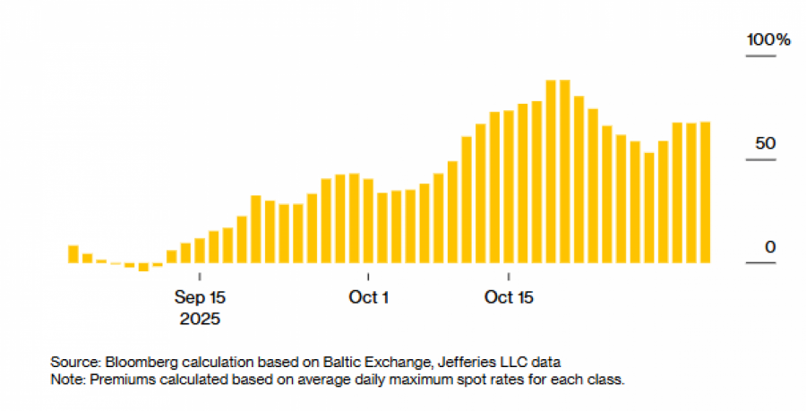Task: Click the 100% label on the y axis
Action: pyautogui.click(x=770, y=40)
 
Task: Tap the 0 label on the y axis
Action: pyautogui.click(x=770, y=247)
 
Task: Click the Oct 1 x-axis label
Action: pyautogui.click(x=368, y=297)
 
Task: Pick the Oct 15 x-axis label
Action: pyautogui.click(x=509, y=297)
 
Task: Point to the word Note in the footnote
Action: pyautogui.click(x=65, y=379)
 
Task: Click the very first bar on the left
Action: pyautogui.click(x=73, y=254)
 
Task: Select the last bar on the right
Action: pyautogui.click(x=705, y=193)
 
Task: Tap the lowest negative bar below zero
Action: pyautogui.click(x=143, y=267)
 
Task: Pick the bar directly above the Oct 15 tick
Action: pyautogui.click(x=509, y=187)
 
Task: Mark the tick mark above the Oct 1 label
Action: pyautogui.click(x=368, y=277)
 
